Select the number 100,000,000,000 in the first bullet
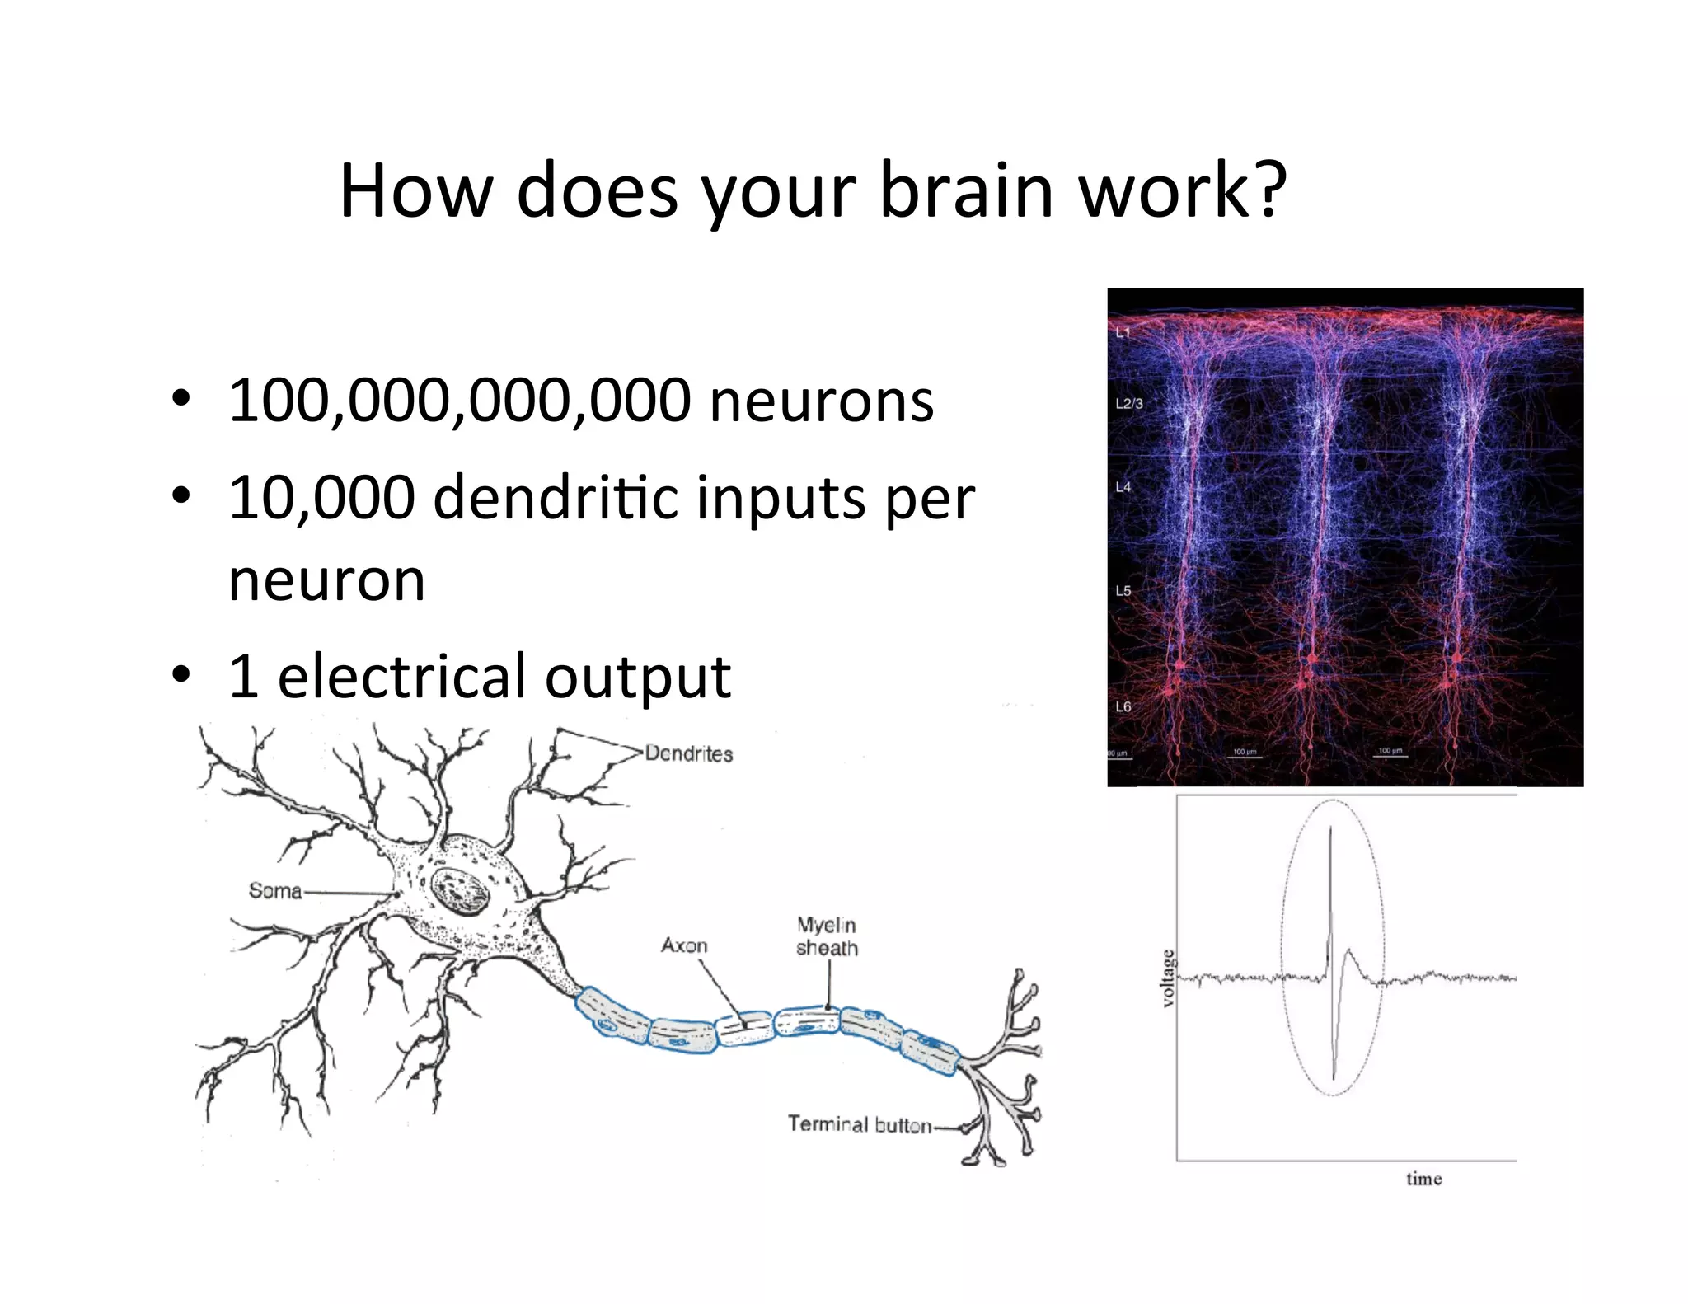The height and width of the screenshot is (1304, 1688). pyautogui.click(x=459, y=401)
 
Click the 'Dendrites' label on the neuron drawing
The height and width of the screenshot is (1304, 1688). pyautogui.click(x=688, y=753)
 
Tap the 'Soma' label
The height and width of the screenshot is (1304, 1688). pyautogui.click(x=275, y=890)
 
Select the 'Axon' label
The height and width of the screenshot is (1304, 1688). pyautogui.click(x=684, y=945)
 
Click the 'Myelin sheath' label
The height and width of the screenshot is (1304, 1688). pyautogui.click(x=827, y=936)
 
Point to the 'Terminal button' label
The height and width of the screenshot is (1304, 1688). pyautogui.click(x=859, y=1124)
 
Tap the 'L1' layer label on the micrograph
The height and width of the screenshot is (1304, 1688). pyautogui.click(x=1123, y=333)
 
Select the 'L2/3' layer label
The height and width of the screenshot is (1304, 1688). pyautogui.click(x=1128, y=404)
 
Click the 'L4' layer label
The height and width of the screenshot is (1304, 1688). pyautogui.click(x=1123, y=487)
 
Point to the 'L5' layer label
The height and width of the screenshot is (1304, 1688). pyautogui.click(x=1123, y=591)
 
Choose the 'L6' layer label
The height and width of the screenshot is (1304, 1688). pyautogui.click(x=1123, y=706)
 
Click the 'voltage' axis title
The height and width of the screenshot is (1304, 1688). pyautogui.click(x=1167, y=978)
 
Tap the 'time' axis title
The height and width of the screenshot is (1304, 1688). pyautogui.click(x=1423, y=1179)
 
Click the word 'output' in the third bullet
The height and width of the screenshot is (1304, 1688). pyautogui.click(x=638, y=678)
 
